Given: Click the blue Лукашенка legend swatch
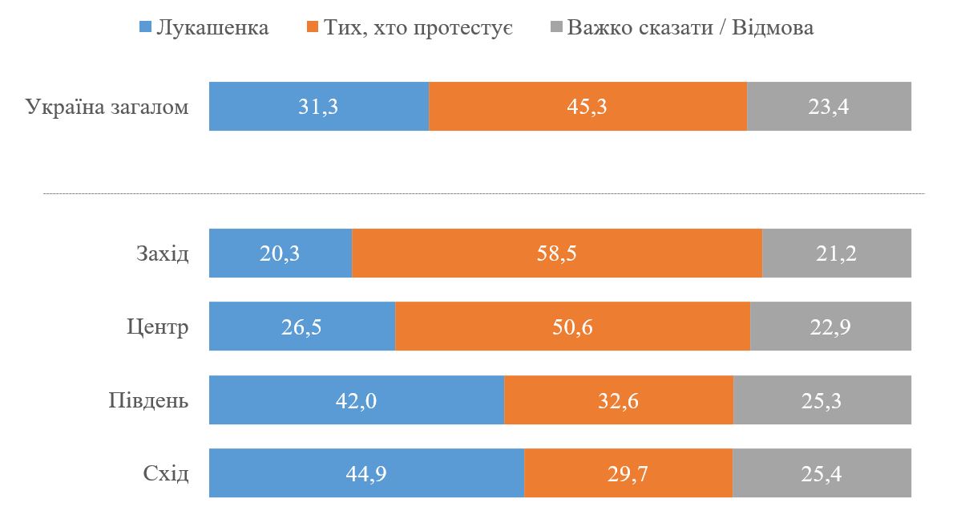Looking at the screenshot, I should point(145,28).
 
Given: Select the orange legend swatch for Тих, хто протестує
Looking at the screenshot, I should point(312,28).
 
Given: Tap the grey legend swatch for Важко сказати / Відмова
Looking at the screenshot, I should point(556,28).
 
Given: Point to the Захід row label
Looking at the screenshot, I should point(162,254).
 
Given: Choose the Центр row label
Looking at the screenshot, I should point(157,327).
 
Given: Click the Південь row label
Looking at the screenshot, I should point(148,400).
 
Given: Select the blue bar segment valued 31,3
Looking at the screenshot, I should point(318,107).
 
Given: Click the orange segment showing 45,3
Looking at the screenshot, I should point(587,107).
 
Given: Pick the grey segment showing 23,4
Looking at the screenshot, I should point(829,107).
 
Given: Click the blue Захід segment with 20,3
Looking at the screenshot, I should point(280,254).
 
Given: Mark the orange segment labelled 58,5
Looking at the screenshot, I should point(556,254).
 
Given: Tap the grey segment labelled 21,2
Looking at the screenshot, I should point(836,254).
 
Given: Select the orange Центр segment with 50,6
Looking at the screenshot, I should point(572,327).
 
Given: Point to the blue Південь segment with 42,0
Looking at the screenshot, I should point(356,400).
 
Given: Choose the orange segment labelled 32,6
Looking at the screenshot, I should point(618,400).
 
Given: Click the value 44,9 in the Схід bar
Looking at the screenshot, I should point(366,474).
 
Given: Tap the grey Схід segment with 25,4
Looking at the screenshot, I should point(822,474).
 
